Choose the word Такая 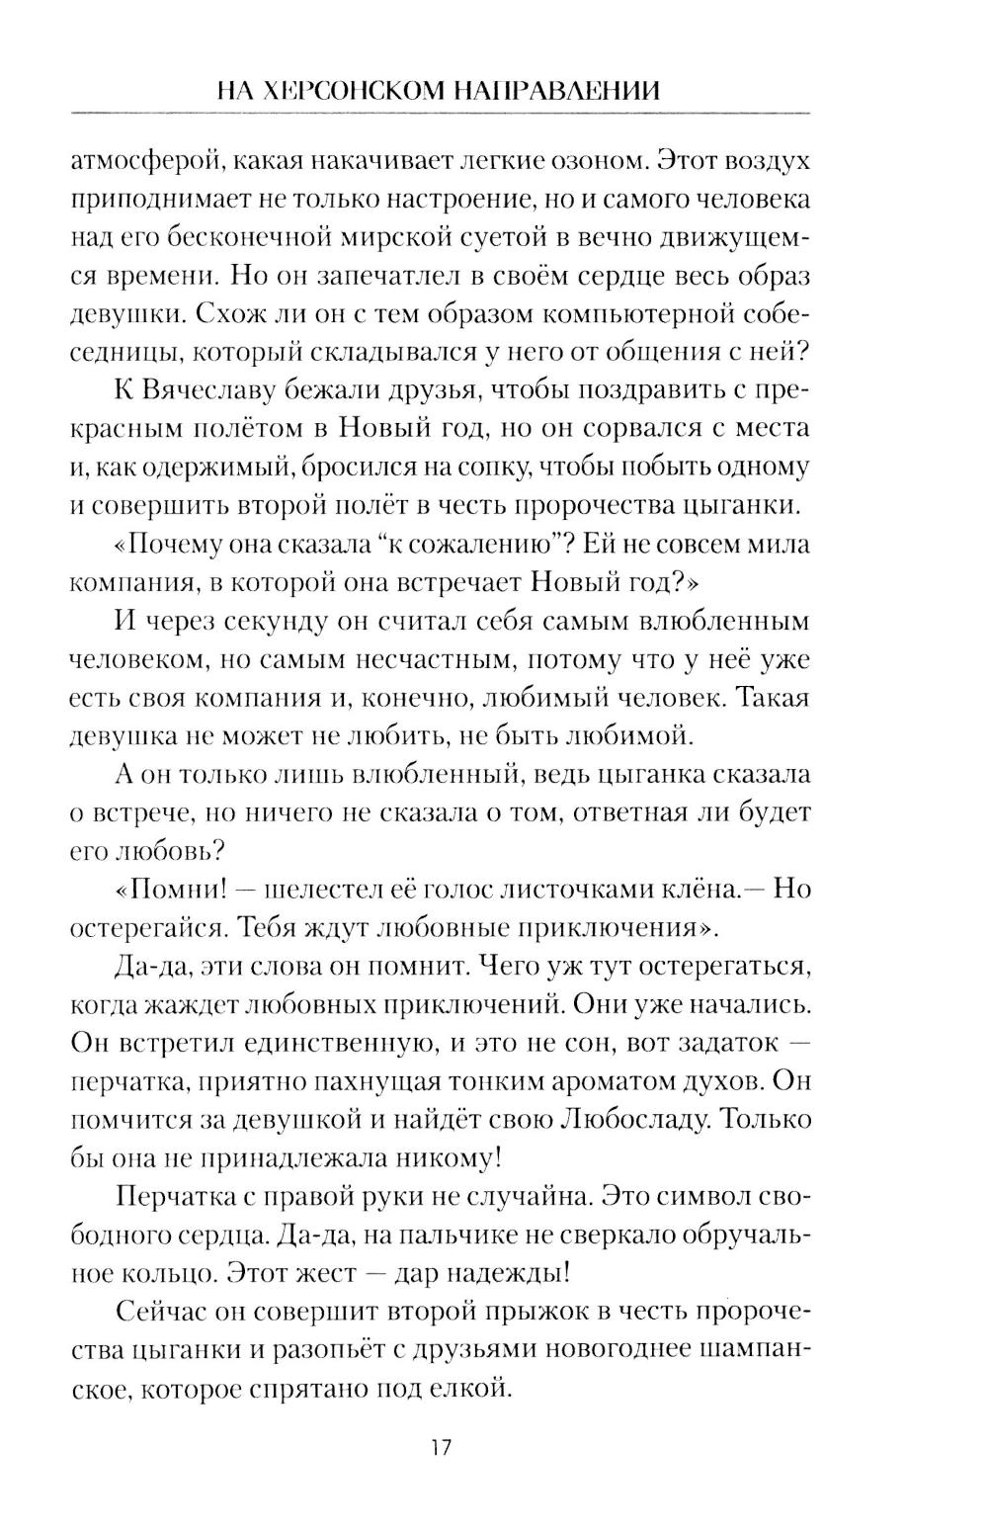(x=773, y=698)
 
